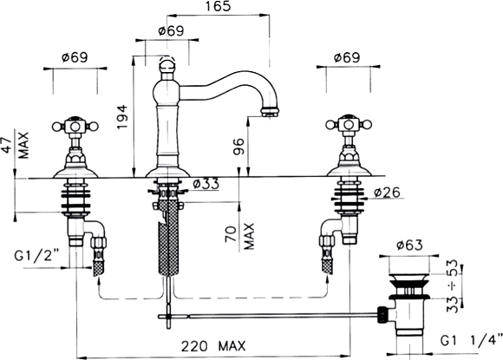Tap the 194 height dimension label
coord(123,117)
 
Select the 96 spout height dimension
coord(238,147)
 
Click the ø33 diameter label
coord(206,185)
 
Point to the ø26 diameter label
coord(387,193)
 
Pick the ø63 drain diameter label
coord(409,245)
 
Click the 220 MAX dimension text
coord(213,346)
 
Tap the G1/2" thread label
coord(37,257)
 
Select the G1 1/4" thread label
coord(471,341)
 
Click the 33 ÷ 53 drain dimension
coord(453,286)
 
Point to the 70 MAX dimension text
coord(240,237)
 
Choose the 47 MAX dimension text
coord(16,146)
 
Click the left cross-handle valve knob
coord(75,126)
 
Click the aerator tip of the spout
coord(270,112)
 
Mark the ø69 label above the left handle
coord(75,58)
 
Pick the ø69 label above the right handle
coord(347,58)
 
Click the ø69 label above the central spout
coord(172,31)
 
